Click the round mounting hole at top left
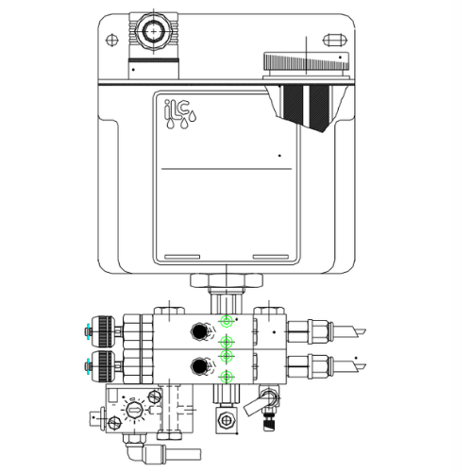[112, 39]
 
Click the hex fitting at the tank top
[151, 33]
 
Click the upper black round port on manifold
[199, 332]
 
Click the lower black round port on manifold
[199, 366]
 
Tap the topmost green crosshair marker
[226, 322]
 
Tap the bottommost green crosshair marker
[225, 378]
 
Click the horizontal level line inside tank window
[228, 167]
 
